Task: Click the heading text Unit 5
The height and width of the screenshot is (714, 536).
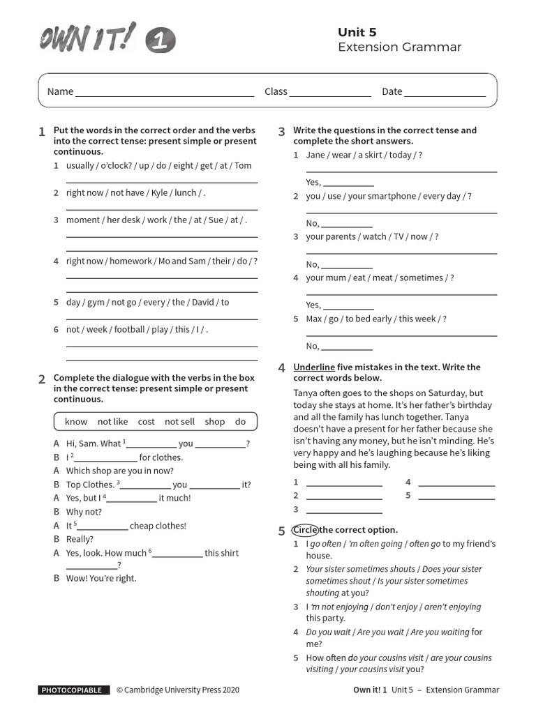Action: (357, 32)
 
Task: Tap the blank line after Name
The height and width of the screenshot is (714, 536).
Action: (165, 92)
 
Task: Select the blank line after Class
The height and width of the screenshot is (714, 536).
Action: (330, 92)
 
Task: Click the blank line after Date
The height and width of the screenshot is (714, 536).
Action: (445, 92)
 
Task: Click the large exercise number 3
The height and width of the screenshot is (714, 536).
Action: (282, 132)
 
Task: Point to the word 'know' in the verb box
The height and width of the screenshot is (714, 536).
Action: (76, 422)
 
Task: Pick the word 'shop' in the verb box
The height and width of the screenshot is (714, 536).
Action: (215, 422)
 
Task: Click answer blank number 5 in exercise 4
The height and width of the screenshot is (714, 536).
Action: (456, 496)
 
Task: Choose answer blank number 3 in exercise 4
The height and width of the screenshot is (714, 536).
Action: (344, 510)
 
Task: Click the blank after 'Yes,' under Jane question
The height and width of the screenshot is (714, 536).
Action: (348, 183)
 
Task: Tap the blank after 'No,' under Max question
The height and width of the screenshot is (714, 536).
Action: (347, 347)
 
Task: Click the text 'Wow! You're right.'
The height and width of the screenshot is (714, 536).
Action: (101, 578)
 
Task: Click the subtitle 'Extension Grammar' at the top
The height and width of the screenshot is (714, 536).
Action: (399, 47)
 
